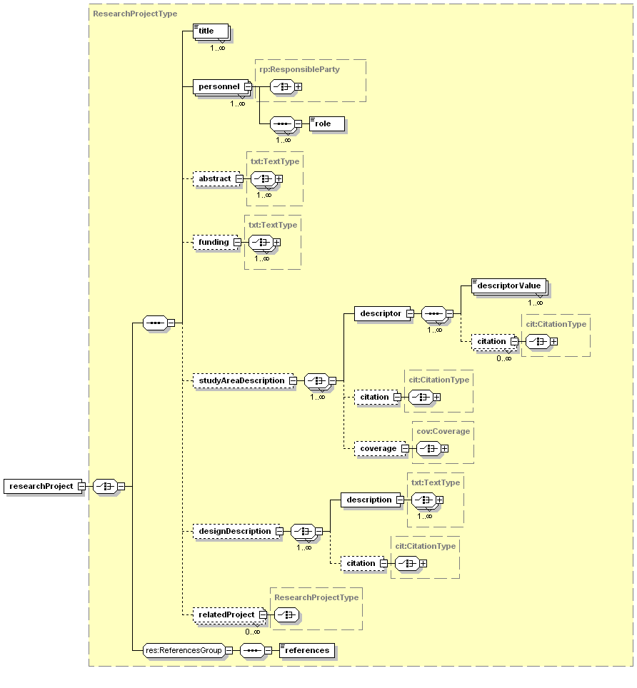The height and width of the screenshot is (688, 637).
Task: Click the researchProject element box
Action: [x=41, y=486]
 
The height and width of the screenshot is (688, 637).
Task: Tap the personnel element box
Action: [x=219, y=87]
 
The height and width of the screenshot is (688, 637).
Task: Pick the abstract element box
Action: [x=214, y=178]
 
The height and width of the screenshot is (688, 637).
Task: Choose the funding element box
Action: [x=213, y=242]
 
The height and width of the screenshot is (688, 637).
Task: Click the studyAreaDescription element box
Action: [x=241, y=381]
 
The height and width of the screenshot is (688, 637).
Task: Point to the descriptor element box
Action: [x=380, y=313]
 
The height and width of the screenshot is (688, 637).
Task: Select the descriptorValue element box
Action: [x=508, y=286]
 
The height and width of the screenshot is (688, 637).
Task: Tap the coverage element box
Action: [x=378, y=448]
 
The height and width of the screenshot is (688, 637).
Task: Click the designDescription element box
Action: [x=234, y=531]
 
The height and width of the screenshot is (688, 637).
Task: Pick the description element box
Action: [x=368, y=500]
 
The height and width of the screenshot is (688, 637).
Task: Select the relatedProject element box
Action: [x=226, y=614]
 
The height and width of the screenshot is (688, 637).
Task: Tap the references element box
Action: [x=306, y=650]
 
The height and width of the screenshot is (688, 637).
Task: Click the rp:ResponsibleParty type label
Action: [x=299, y=70]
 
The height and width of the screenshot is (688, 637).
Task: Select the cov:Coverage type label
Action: [x=443, y=431]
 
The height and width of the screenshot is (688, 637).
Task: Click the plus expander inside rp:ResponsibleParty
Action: [x=298, y=86]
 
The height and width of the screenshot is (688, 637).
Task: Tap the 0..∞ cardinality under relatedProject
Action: [x=252, y=631]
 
